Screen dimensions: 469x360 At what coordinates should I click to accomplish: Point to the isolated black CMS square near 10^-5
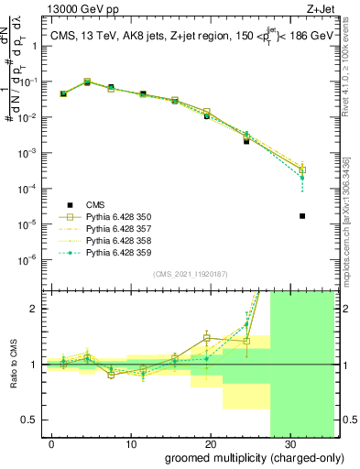pyautogui.click(x=302, y=216)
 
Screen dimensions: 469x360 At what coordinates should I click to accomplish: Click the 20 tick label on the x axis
pyautogui.click(x=211, y=442)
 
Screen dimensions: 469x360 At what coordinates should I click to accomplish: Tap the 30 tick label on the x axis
pyautogui.click(x=289, y=442)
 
